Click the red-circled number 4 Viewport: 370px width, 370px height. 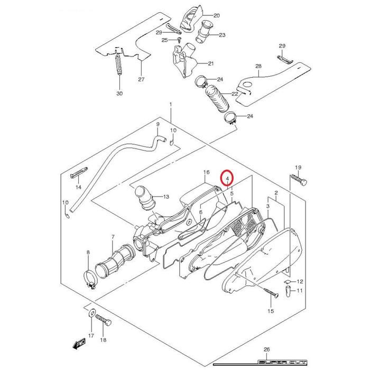(227, 179)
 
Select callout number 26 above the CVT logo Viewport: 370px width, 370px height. (266, 349)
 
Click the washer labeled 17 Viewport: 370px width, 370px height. (92, 313)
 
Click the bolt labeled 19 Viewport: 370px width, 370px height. (299, 180)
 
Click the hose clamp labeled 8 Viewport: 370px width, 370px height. (90, 279)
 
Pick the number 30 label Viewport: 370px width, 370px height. (119, 94)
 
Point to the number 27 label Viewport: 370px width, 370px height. (141, 79)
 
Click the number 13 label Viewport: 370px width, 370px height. (166, 197)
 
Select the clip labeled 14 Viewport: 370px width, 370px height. (79, 173)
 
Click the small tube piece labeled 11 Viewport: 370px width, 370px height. (289, 291)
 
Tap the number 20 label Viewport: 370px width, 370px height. (216, 15)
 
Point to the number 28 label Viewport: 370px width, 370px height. (258, 66)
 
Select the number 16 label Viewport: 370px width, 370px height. (207, 172)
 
